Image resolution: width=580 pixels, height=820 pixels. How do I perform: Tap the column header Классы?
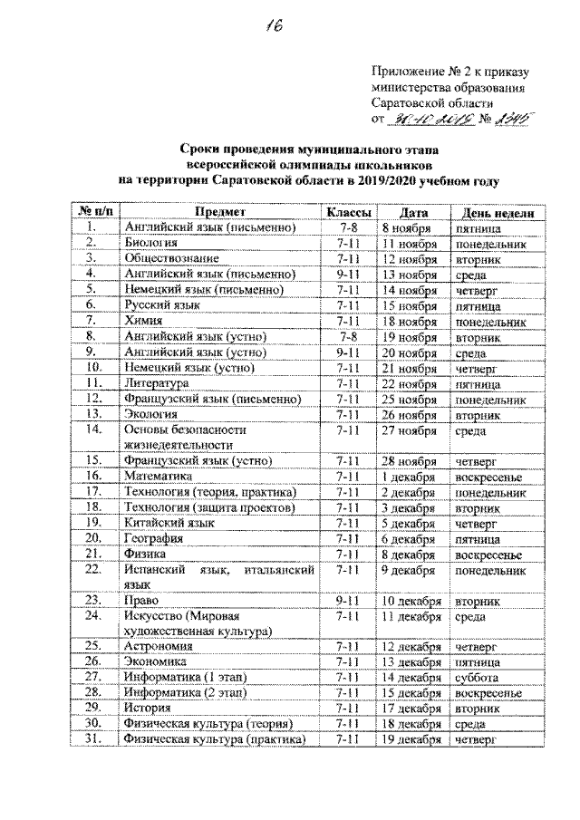pyautogui.click(x=349, y=212)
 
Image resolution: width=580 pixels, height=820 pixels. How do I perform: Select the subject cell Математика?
pyautogui.click(x=159, y=475)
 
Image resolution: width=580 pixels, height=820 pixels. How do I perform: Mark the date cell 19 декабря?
pyautogui.click(x=411, y=739)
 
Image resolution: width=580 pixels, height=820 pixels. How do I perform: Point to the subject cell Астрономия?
pyautogui.click(x=159, y=646)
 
